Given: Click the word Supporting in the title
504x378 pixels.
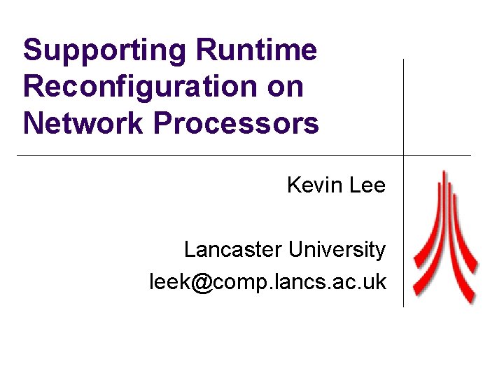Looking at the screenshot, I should coord(104,51).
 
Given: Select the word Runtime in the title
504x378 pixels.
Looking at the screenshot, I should coord(257,50).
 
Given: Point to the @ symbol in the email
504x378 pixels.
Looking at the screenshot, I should coord(201,282).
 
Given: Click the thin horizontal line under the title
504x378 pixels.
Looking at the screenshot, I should coord(210,155).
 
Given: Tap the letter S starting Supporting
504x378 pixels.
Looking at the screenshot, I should coord(32,50).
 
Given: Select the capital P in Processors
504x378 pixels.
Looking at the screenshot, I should coord(163,123).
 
